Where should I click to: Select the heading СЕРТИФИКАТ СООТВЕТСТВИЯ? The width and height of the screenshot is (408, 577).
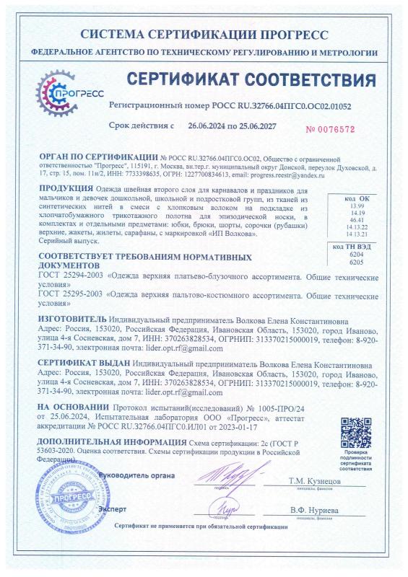tap(252, 79)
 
